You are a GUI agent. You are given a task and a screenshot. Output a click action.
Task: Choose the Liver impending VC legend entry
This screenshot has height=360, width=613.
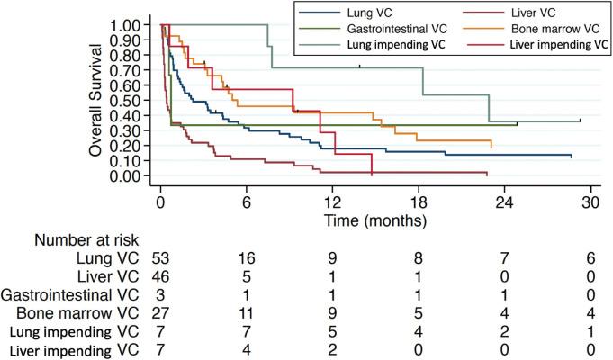coord(554,44)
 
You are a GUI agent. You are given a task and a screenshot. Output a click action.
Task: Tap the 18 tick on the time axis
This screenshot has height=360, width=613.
coord(418,200)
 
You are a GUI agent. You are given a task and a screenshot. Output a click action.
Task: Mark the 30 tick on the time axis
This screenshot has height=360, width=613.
coord(590,200)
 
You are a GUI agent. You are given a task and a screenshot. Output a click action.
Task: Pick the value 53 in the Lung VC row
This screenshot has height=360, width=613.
coord(162,258)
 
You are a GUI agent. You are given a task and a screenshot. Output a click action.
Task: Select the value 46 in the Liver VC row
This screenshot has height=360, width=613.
coord(162,276)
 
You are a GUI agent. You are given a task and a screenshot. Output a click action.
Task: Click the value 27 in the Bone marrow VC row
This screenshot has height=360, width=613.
coord(162,312)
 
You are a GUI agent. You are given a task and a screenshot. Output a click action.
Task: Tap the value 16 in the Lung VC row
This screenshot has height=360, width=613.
coord(247,258)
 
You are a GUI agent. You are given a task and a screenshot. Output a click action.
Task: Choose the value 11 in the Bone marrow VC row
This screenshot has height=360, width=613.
coord(247,312)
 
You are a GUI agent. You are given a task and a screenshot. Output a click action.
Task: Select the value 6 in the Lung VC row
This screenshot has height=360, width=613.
coord(590,258)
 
